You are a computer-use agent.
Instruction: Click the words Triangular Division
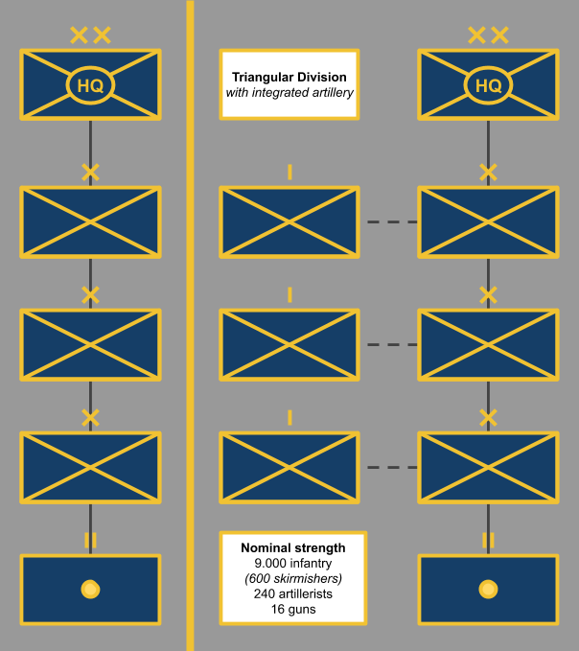tap(289, 77)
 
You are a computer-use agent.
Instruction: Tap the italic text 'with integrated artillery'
tap(289, 93)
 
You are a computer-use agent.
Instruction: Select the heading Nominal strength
tap(293, 548)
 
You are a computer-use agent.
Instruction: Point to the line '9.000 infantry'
tap(293, 564)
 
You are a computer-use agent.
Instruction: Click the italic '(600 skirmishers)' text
tap(293, 579)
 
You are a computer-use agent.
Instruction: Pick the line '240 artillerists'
tap(293, 593)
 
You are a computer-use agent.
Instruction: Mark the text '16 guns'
tap(293, 609)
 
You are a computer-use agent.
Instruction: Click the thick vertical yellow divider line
tap(190, 326)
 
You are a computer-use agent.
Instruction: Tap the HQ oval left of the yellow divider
tap(90, 85)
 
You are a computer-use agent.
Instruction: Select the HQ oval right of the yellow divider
tap(488, 85)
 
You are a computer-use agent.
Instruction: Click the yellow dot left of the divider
tap(90, 589)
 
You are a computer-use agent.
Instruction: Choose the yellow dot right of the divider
tap(488, 589)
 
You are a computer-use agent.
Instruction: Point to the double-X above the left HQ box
tap(90, 36)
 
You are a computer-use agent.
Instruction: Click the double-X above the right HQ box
tap(488, 36)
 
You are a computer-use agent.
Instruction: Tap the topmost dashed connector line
tap(390, 222)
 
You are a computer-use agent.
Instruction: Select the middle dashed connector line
tap(390, 345)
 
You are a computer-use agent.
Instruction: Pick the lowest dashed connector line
tap(390, 468)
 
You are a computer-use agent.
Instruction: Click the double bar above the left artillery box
tap(90, 541)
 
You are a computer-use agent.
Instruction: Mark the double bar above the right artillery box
tap(488, 541)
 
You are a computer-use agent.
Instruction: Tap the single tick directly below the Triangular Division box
tap(289, 173)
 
